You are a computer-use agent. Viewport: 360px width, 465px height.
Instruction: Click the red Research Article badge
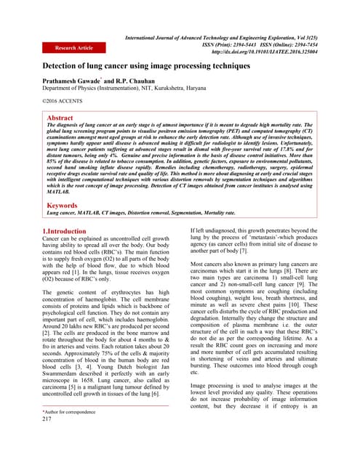75,48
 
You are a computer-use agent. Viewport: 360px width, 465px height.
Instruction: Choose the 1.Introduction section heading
65,231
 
